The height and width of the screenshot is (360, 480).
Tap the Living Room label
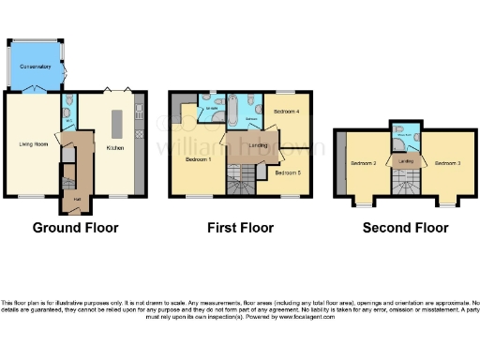(34, 143)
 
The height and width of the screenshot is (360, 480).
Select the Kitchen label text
(115, 148)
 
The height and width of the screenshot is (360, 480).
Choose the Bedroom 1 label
(198, 159)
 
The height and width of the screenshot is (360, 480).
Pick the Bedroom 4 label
(285, 111)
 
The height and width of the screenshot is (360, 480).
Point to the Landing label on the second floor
(406, 162)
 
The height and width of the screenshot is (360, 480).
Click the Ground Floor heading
(74, 228)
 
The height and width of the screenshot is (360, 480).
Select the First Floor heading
(240, 228)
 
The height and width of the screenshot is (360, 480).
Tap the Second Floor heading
(407, 228)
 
